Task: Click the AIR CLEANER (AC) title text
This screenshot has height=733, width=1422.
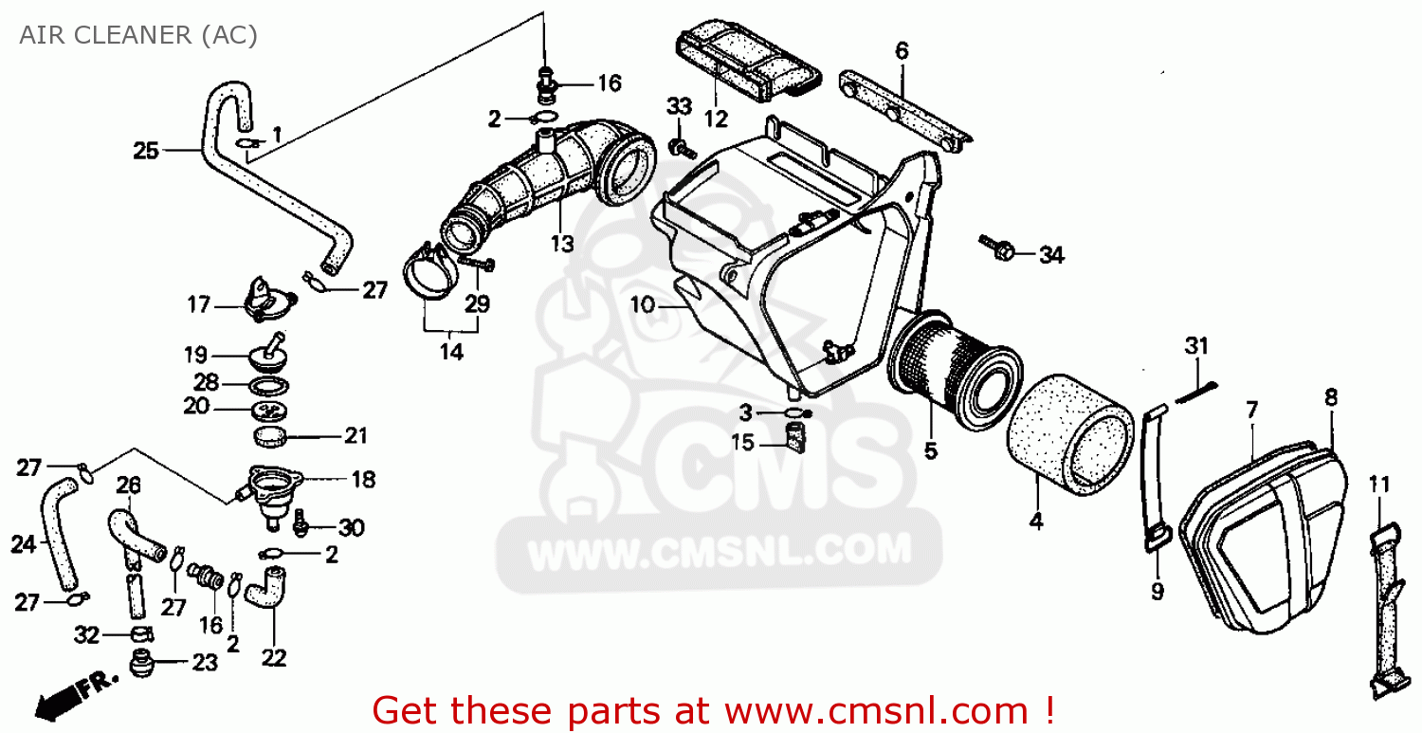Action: (x=138, y=35)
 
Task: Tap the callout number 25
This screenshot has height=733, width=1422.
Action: (x=145, y=151)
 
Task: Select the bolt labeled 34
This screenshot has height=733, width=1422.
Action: (x=996, y=248)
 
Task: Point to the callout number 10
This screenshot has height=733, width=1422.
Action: (x=642, y=305)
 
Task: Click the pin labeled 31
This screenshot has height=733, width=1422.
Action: (x=1194, y=392)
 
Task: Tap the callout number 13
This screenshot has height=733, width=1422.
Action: (x=562, y=244)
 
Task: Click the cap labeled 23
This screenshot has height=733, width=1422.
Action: (x=143, y=664)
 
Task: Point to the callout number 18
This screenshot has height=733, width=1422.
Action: (x=364, y=480)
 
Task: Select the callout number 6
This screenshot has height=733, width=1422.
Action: (x=902, y=51)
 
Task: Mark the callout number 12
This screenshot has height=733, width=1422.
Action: (x=716, y=119)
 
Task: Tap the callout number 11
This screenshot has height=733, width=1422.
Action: (x=1378, y=486)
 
